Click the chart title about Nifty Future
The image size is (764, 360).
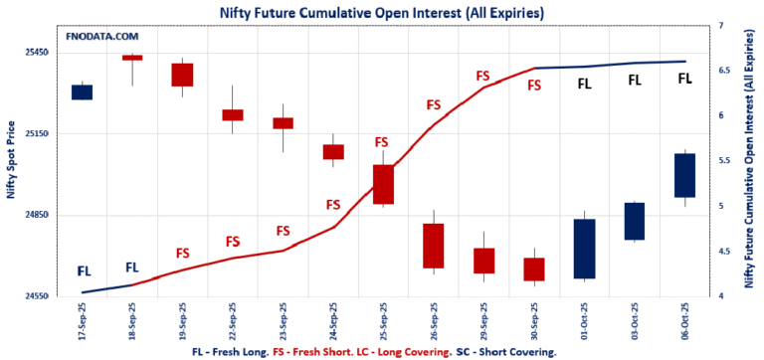tap(382, 12)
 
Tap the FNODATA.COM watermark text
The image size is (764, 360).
tap(101, 36)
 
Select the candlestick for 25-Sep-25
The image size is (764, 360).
tap(383, 184)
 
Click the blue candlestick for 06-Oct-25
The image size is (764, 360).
tap(684, 175)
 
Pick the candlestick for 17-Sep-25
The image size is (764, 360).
tap(82, 92)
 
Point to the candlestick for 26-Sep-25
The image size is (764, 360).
tap(433, 246)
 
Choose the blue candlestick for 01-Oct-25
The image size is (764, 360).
tap(584, 249)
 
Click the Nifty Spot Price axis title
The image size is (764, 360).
tap(11, 159)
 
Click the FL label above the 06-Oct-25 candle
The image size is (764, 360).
tap(684, 78)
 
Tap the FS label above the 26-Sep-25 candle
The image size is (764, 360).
tap(433, 104)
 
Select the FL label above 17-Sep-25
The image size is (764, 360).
tap(84, 270)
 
